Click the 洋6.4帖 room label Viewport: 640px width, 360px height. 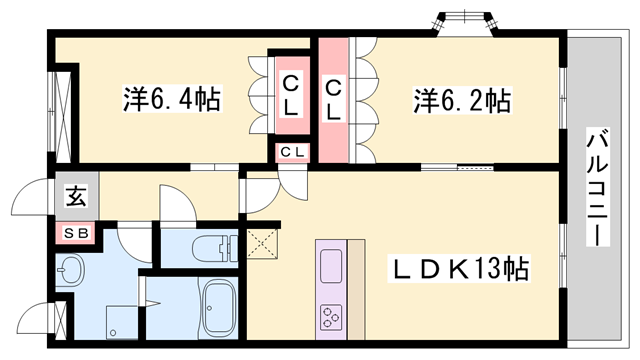tap(172, 99)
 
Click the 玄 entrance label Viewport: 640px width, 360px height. tap(76, 196)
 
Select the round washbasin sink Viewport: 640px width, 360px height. tap(72, 271)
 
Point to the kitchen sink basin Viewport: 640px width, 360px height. tap(331, 266)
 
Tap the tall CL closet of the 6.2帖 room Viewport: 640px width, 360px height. tap(334, 99)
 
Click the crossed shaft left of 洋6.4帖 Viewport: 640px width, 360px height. tap(65, 113)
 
